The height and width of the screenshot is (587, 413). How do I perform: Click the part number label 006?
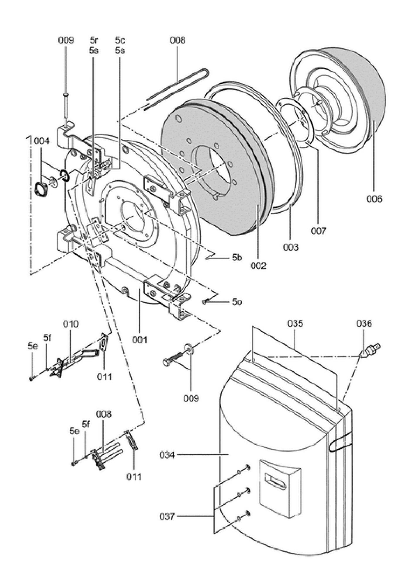(374, 199)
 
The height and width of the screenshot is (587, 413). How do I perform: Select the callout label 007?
(319, 231)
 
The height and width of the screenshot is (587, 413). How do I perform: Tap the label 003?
(291, 247)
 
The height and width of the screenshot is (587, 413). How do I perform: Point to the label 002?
(258, 266)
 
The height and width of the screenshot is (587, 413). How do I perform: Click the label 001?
(139, 340)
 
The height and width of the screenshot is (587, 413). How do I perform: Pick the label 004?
(42, 141)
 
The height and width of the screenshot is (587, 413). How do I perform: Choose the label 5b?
(237, 258)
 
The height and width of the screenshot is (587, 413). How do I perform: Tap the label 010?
(71, 324)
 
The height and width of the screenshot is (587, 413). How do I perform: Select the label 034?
(167, 455)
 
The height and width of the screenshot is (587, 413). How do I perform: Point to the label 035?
(295, 323)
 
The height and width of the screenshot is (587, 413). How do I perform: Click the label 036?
(364, 323)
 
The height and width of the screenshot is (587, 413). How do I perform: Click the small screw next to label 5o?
(205, 301)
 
